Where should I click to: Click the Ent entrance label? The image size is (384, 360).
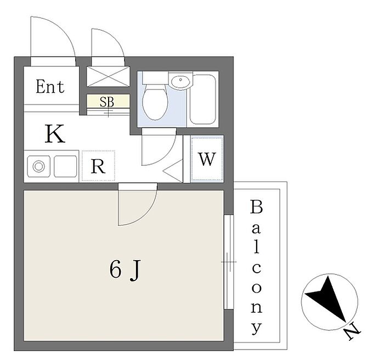click(50, 87)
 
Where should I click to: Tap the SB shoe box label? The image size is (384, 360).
click(108, 101)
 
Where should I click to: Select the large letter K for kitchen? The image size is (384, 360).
click(55, 134)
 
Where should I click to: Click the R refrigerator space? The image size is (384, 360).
click(98, 166)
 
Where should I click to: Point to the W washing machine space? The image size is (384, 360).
click(207, 159)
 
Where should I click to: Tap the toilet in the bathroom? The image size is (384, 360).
click(153, 99)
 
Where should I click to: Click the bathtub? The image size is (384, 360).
click(203, 99)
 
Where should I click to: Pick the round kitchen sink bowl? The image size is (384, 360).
click(38, 166)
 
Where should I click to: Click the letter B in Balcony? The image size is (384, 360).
click(256, 207)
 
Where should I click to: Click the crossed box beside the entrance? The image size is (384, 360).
click(108, 76)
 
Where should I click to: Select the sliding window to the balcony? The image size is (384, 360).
click(229, 262)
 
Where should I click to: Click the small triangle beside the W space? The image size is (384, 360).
click(174, 171)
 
